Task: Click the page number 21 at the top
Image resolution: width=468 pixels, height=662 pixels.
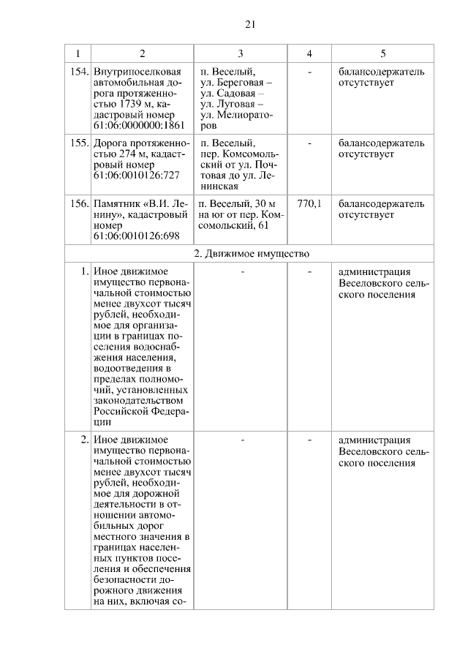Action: pos(249,24)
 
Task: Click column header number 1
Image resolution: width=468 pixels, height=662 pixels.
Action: pos(78,53)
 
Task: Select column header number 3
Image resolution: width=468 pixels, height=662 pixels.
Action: pos(240,53)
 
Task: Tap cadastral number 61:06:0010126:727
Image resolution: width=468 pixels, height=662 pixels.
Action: pos(136,176)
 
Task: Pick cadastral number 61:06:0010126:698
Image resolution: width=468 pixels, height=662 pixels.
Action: pos(136,236)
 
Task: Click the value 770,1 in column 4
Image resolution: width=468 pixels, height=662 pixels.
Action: pos(309,203)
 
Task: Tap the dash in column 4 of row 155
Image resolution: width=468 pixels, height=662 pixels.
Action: pos(309,143)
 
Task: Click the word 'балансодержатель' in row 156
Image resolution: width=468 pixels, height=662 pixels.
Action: pos(381,203)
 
